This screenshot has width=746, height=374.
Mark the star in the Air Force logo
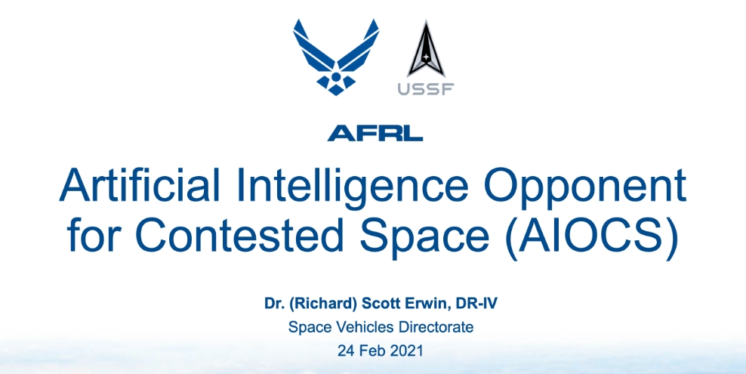tap(335, 79)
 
